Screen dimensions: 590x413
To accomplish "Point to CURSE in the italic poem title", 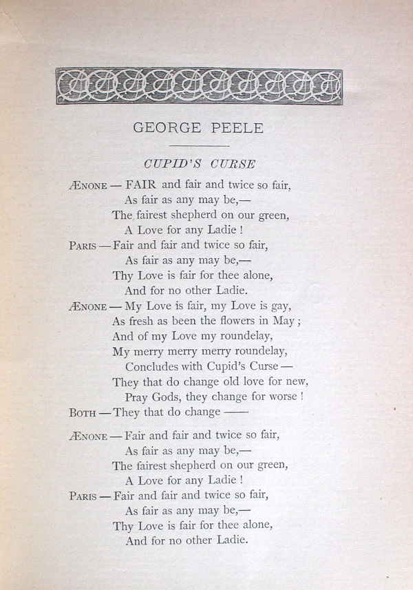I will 233,164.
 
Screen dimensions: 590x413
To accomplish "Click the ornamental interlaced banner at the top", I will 199,86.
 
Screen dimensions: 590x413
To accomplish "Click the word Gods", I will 170,397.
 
